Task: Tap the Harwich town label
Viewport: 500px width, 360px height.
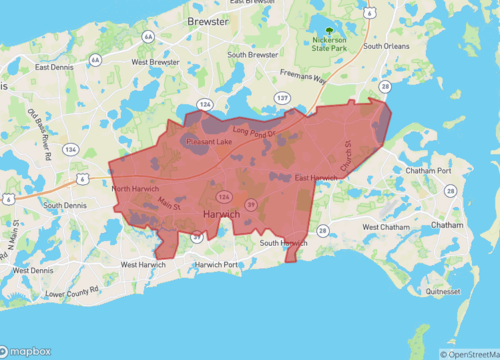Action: [221, 215]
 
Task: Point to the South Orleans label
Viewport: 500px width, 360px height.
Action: [387, 46]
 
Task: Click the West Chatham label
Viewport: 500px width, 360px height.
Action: [385, 227]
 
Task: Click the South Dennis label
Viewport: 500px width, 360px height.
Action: [66, 205]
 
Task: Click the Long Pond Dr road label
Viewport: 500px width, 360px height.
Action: [253, 131]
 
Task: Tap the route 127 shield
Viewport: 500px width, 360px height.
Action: [283, 98]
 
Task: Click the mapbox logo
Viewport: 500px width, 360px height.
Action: [30, 351]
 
